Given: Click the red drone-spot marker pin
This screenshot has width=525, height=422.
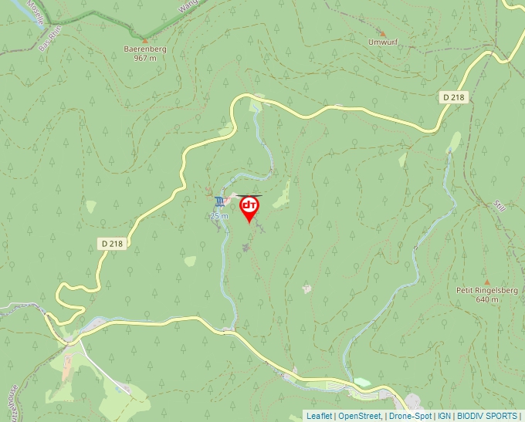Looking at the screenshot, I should [x=249, y=207].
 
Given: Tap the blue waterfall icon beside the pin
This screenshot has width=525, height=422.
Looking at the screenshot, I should [x=222, y=201].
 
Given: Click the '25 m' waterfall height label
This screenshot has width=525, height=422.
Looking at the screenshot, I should [x=219, y=217].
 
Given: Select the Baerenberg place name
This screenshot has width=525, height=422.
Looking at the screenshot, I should [x=145, y=49].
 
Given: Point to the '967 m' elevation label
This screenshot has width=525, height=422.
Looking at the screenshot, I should [x=145, y=58].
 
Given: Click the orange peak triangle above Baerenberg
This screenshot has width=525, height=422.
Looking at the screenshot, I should [x=145, y=39].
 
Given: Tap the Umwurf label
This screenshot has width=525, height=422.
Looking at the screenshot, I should [x=383, y=42].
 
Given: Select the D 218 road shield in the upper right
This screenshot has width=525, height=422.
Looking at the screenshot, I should [x=456, y=96].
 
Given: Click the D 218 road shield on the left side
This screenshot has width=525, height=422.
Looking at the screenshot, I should [x=111, y=243].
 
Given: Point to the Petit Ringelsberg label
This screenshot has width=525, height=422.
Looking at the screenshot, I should [x=486, y=291].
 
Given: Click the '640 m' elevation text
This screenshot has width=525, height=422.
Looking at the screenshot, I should [x=487, y=299].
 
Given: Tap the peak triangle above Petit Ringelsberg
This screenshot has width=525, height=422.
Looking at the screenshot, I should [x=486, y=282].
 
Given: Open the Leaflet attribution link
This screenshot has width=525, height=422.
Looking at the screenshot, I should [x=319, y=416].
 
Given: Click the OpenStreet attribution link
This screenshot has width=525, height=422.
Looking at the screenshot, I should [x=359, y=416].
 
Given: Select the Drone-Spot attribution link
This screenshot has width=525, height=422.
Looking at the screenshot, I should [x=410, y=416].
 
